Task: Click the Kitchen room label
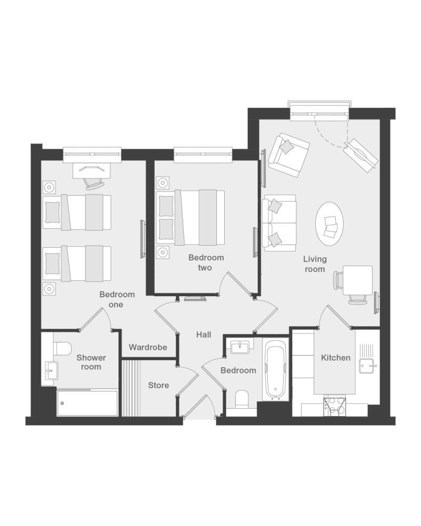pos(335,358)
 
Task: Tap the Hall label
pos(204,335)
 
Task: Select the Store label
pos(158,385)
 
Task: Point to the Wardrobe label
pos(148,347)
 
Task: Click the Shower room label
pos(91,362)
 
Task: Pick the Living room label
pos(315,264)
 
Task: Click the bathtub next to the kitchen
pos(276,369)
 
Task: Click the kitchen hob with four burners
pos(334,407)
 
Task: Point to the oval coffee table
pos(329,224)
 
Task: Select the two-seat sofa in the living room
pos(279,222)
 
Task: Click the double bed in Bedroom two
pos(191,217)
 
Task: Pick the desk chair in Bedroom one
pos(93,183)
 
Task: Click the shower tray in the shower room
pos(87,403)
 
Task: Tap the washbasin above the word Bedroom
pos(240,347)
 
